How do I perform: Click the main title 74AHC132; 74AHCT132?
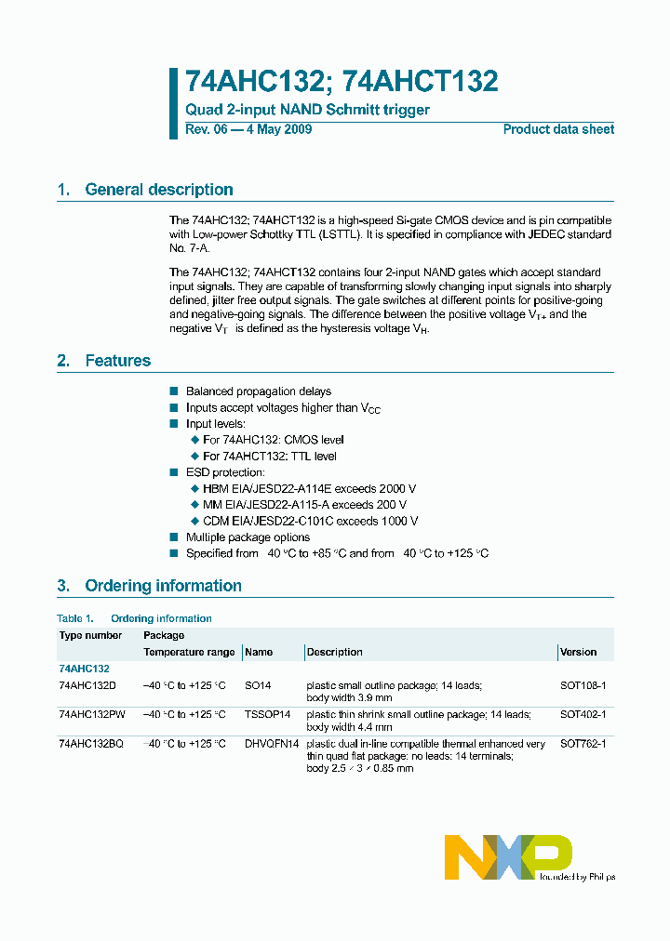[342, 82]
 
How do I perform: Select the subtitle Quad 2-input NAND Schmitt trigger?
[307, 110]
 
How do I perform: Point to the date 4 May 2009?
[278, 129]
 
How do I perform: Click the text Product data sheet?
[558, 129]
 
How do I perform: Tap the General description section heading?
[158, 190]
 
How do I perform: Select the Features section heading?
[117, 361]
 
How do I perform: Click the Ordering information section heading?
[163, 586]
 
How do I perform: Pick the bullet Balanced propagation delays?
[258, 391]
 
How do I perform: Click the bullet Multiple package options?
[248, 537]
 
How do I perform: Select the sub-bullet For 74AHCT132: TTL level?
[269, 456]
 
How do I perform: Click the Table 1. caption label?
[75, 618]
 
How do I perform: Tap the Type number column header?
[90, 635]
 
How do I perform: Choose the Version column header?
[579, 652]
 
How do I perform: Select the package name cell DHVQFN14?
[272, 744]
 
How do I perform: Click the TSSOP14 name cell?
[268, 714]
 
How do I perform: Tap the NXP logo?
[507, 856]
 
